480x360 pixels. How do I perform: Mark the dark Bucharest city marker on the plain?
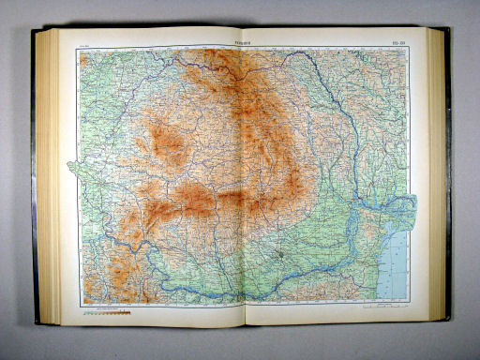pyautogui.click(x=280, y=252)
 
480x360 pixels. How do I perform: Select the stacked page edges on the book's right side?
pyautogui.click(x=439, y=178)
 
